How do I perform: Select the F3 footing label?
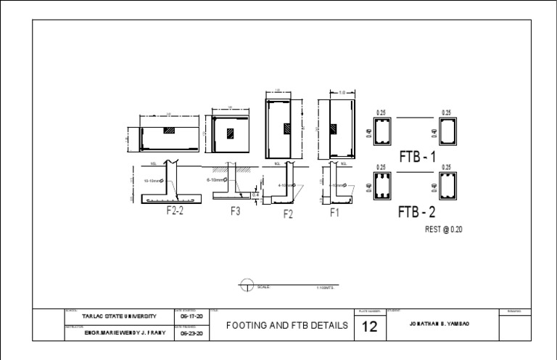235,211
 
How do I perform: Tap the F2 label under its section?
288,214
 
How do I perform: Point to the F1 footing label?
335,213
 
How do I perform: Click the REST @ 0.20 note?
442,229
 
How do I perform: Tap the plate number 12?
371,327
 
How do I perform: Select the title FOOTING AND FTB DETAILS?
287,326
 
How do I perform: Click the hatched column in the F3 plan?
229,134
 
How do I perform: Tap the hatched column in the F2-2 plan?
169,131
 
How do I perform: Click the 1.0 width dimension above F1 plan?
340,92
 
